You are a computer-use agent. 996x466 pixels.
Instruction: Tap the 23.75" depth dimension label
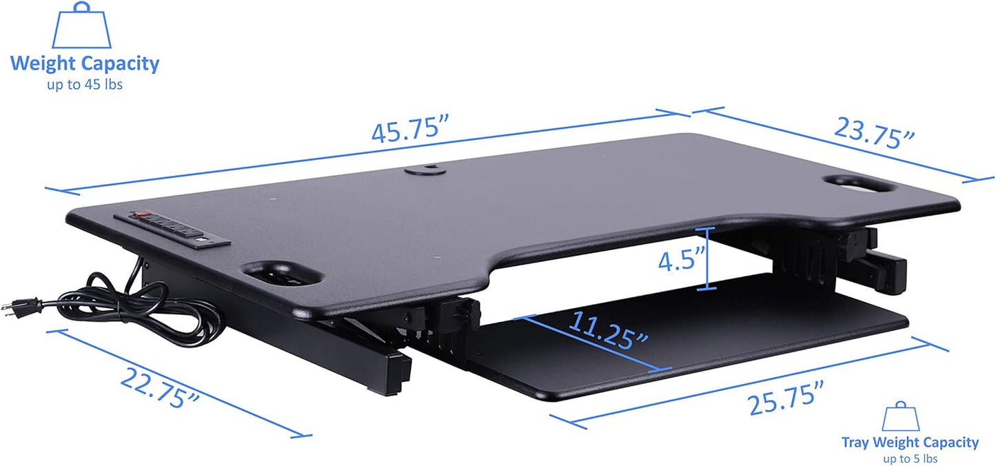pos(874,133)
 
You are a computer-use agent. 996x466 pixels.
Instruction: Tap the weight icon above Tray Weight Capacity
pos(901,418)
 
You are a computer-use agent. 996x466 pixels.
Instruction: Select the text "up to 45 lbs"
pos(85,86)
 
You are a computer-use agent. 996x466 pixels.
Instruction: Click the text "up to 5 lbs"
pos(910,458)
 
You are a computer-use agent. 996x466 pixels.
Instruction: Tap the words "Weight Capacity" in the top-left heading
pos(85,64)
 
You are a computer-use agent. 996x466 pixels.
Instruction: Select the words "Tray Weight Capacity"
pos(910,443)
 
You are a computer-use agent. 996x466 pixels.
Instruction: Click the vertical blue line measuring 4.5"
pos(705,259)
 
